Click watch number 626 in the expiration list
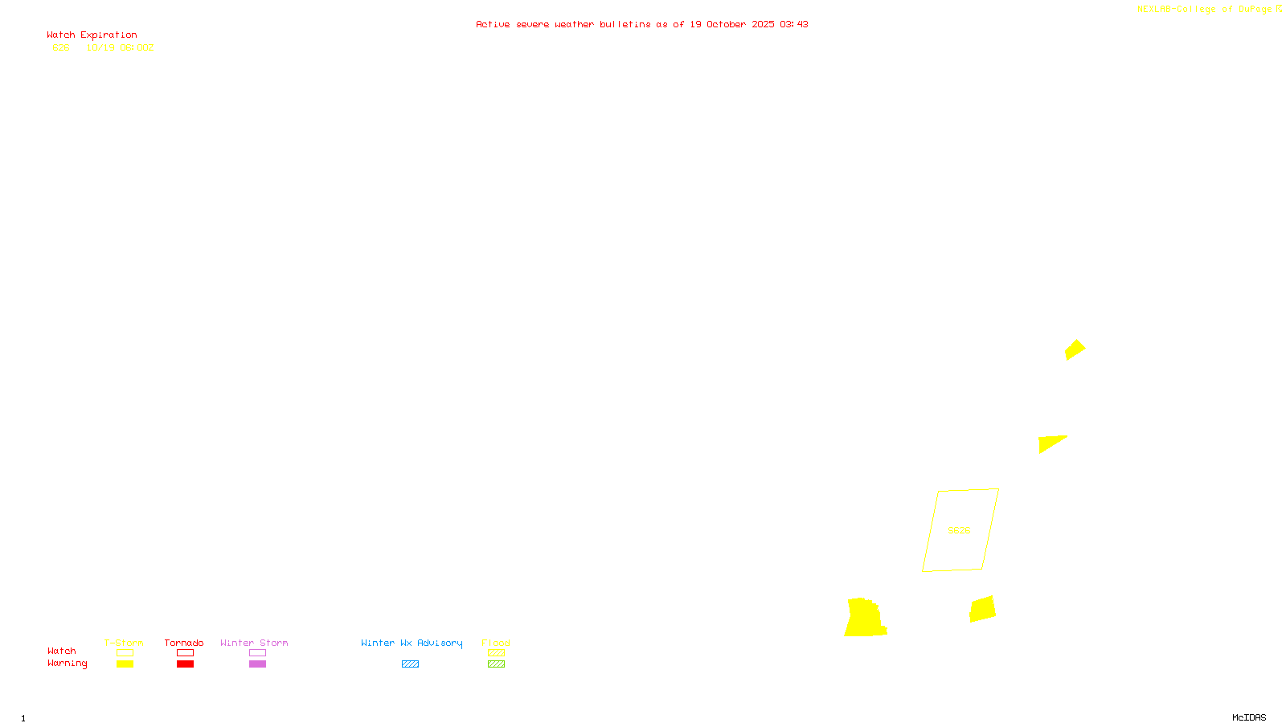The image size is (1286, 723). pos(61,47)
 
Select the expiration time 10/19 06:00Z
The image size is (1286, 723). pos(120,47)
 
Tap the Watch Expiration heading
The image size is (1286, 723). pos(92,35)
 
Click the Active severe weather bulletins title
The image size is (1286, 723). pos(641,24)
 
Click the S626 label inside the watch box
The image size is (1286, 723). pos(959,530)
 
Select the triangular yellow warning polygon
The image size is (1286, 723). pos(1049,443)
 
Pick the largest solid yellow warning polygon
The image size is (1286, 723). pos(865,619)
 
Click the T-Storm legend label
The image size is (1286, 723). pos(124,643)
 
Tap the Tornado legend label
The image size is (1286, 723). pos(184,643)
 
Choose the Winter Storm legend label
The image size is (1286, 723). pos(254,643)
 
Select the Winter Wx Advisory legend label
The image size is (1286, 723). pos(412,643)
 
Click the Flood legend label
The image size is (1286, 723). pos(496,643)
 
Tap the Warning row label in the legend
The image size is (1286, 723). pos(67,664)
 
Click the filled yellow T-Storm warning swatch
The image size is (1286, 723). pos(125,664)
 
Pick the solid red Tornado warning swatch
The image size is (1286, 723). pos(185,664)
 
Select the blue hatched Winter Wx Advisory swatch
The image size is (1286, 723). pos(410,664)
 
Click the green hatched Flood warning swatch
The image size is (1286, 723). pos(496,664)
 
